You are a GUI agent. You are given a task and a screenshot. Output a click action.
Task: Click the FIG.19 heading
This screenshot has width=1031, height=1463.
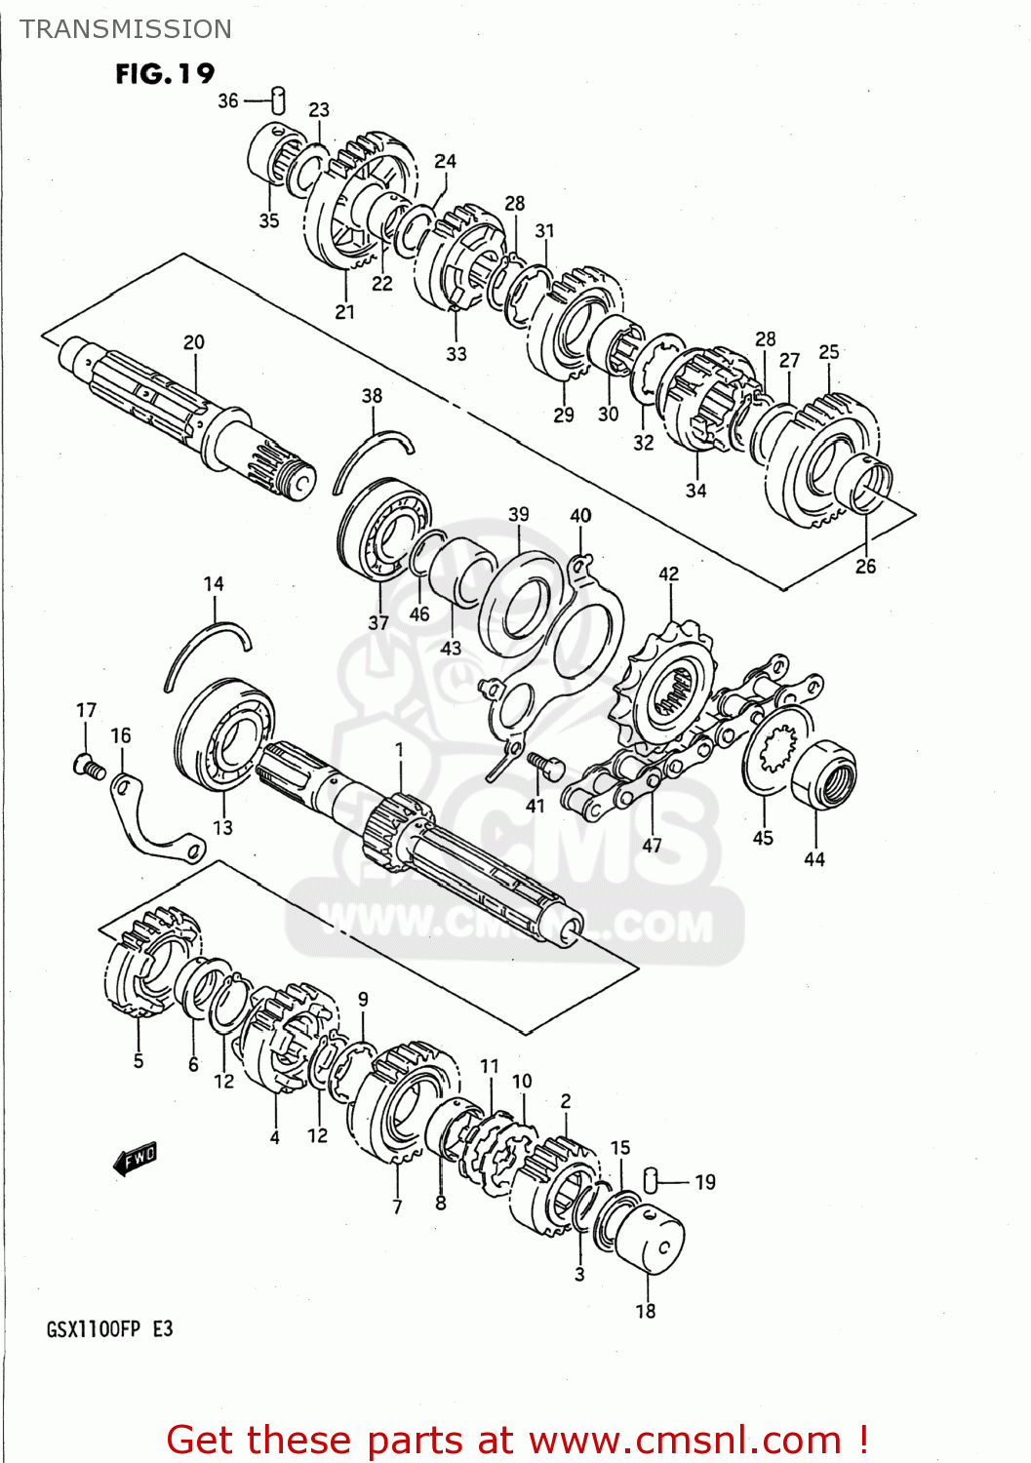164,74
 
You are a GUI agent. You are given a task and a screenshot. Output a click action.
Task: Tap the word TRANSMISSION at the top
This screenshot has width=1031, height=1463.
126,29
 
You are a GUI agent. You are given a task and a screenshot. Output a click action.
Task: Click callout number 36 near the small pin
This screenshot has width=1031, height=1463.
227,100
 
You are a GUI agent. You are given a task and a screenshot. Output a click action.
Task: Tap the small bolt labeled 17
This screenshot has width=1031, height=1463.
88,767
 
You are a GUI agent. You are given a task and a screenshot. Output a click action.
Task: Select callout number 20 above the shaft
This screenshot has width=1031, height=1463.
194,342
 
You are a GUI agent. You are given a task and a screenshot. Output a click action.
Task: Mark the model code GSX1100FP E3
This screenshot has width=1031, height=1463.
109,1329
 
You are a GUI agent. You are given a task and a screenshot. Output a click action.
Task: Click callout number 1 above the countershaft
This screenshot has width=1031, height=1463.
399,749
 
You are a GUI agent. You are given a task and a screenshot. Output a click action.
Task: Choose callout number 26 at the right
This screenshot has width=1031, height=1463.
865,566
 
